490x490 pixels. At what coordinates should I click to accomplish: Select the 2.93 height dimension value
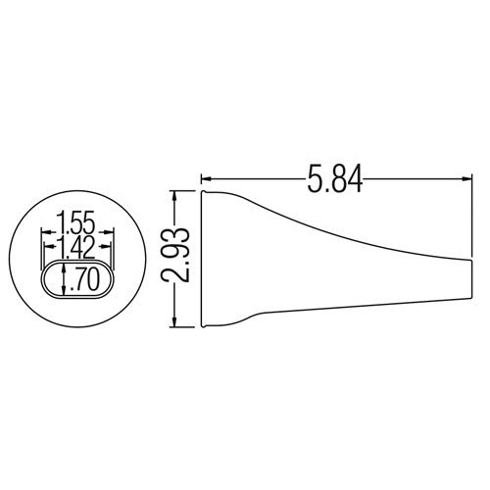176,259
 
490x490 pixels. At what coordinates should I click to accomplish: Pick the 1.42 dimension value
77,244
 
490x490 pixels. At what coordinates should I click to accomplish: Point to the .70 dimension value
81,281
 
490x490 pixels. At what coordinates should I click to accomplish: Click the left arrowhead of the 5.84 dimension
206,179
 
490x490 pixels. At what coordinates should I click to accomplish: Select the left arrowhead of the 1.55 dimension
41,233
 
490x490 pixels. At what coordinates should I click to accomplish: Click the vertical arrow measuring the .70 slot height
65,281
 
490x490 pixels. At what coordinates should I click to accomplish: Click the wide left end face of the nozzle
201,260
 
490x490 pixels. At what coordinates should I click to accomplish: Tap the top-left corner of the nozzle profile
201,192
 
